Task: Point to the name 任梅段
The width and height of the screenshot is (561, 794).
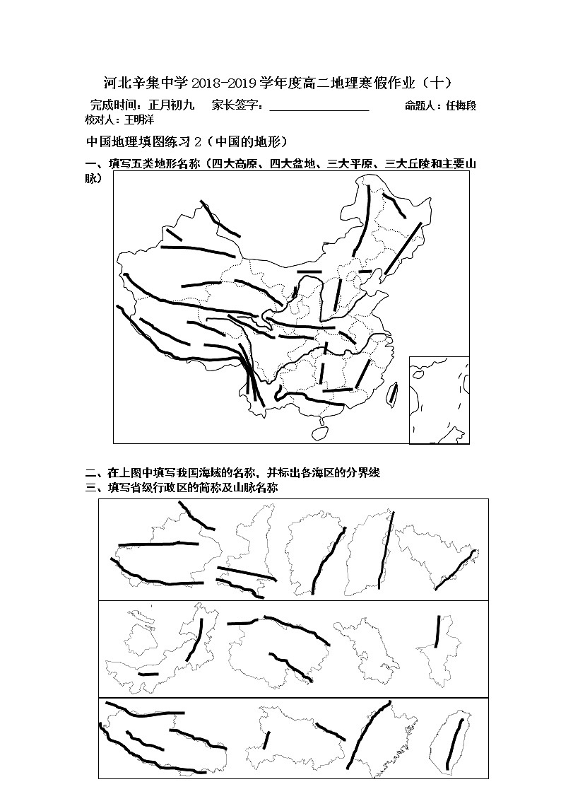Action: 461,106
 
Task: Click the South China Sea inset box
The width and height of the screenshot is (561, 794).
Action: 439,399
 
